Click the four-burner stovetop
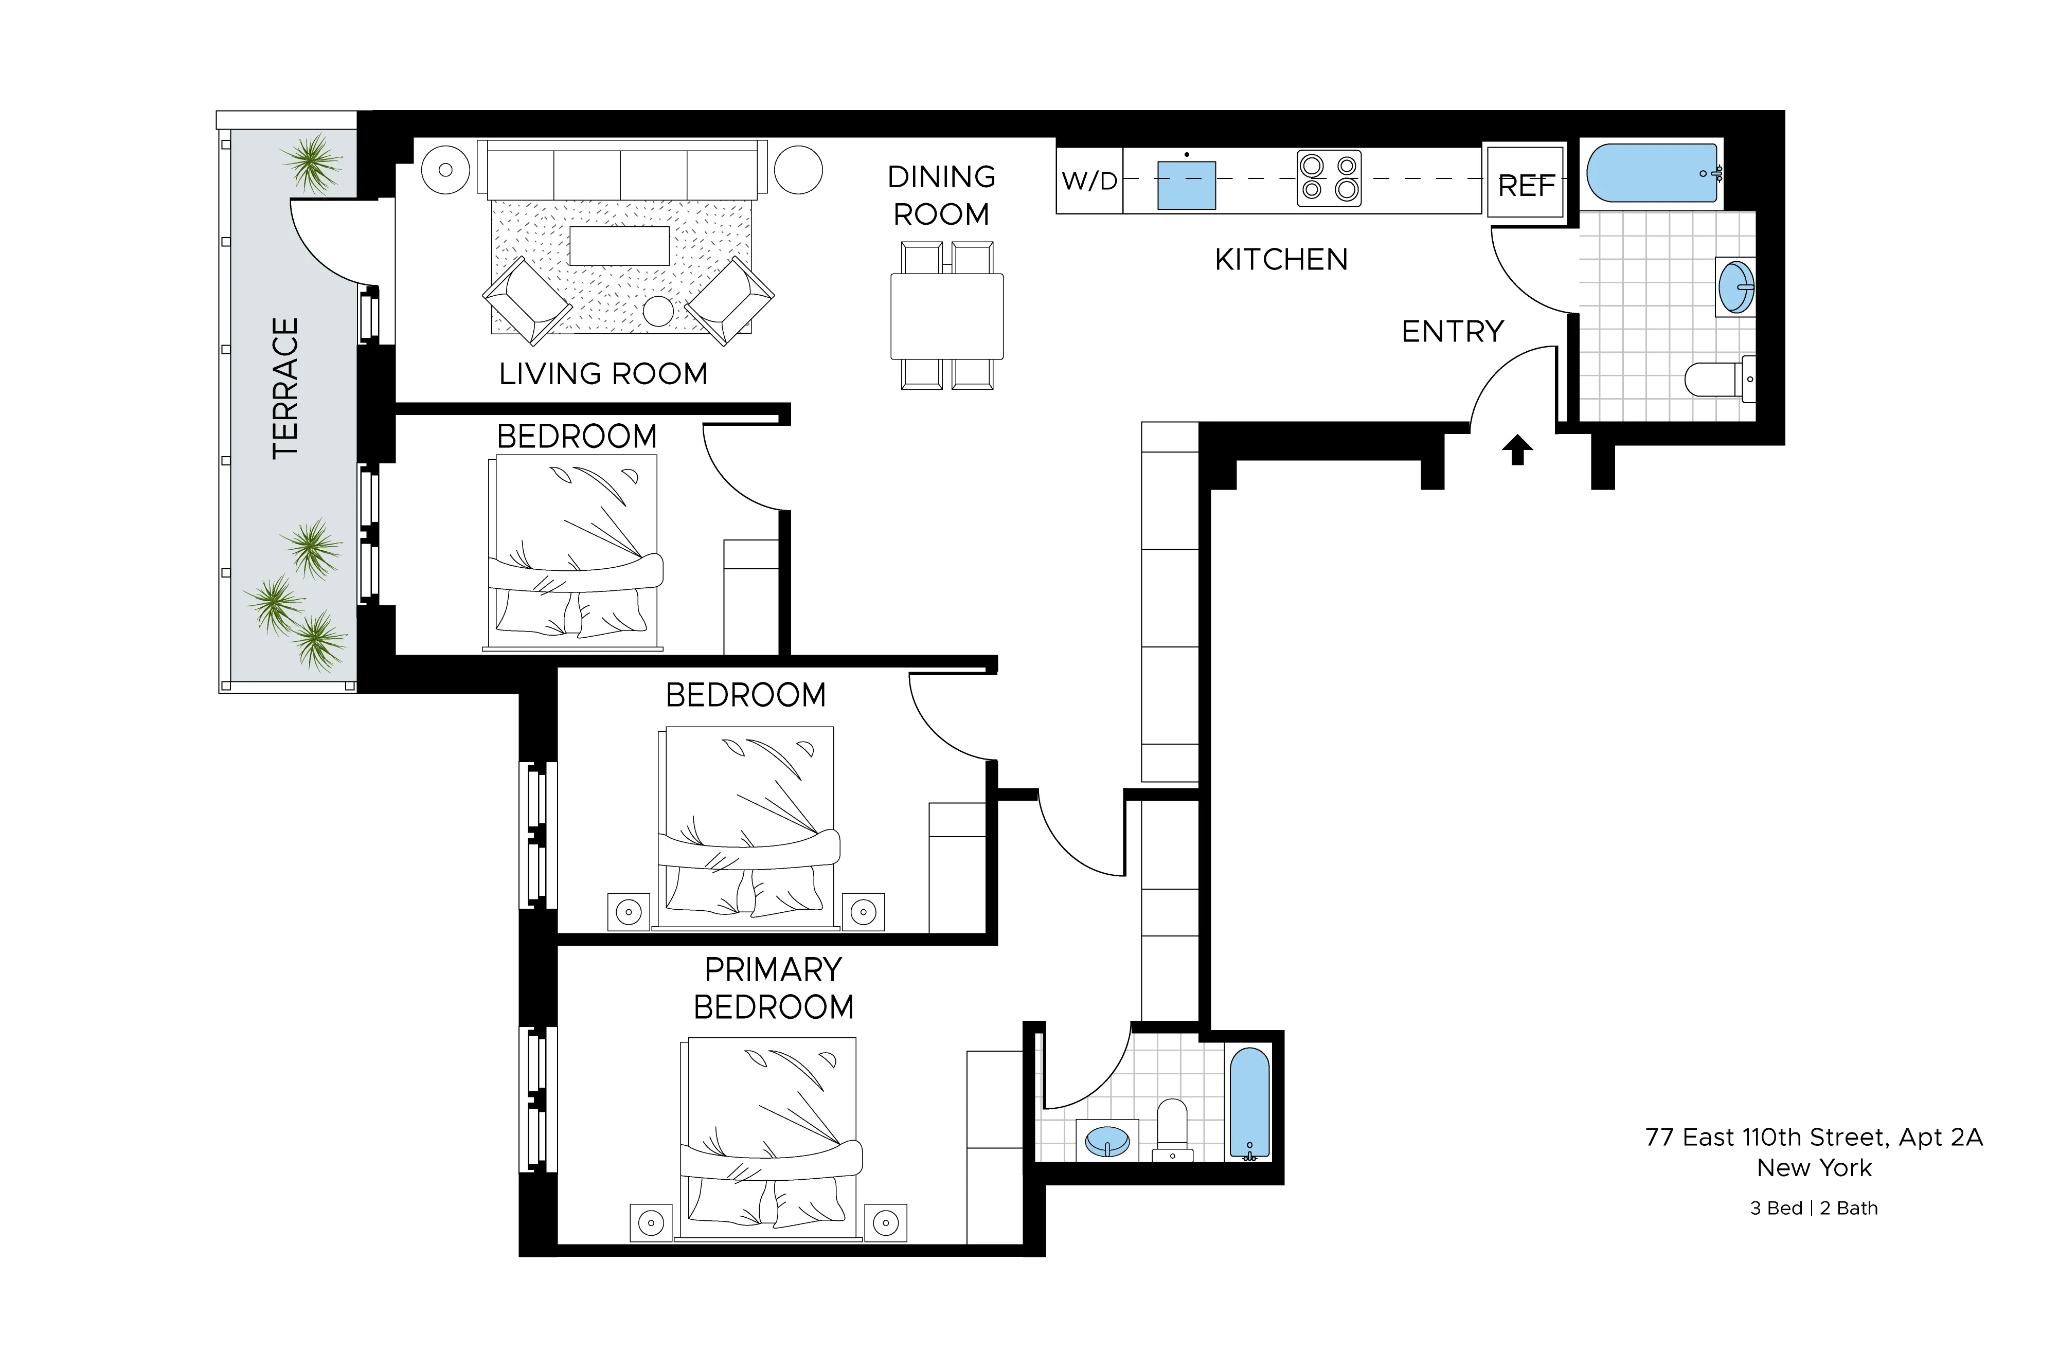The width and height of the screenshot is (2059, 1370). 1329,178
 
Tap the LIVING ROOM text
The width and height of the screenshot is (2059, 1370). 603,374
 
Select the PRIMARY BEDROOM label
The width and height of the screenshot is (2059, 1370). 773,988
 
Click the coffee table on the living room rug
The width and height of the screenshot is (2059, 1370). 619,245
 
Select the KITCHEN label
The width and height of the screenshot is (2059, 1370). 1280,260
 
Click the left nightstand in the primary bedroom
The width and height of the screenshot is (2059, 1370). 650,1223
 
